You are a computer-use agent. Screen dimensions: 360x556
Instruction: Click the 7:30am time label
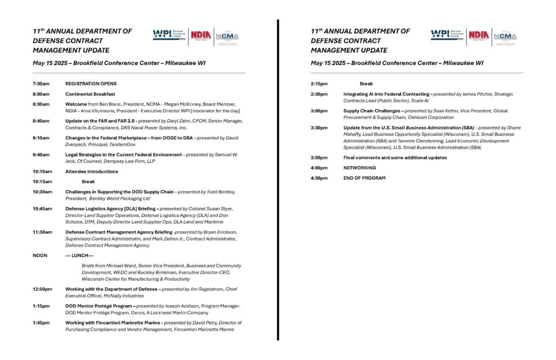[x=41, y=84]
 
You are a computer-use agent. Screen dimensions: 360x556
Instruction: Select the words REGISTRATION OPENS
[x=91, y=84]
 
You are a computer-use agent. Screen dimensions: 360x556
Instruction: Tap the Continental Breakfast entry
[x=90, y=94]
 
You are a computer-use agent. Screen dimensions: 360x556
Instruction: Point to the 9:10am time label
[x=41, y=138]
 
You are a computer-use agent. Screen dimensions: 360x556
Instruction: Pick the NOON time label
[x=40, y=255]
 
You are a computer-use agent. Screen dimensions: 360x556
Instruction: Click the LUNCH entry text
[x=79, y=255]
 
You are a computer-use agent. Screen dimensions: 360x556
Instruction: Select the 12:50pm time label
[x=42, y=289]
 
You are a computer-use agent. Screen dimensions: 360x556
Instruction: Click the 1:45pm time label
[x=41, y=323]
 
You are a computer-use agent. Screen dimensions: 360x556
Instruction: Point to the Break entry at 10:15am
[x=89, y=181]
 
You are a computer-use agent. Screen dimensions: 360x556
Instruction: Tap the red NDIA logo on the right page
[x=479, y=35]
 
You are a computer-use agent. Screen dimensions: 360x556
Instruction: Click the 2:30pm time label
[x=319, y=94]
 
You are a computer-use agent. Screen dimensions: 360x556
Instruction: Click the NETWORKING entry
[x=359, y=168]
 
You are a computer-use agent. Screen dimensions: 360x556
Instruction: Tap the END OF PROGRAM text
[x=364, y=178]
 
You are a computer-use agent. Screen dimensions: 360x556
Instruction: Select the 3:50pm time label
[x=319, y=157]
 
